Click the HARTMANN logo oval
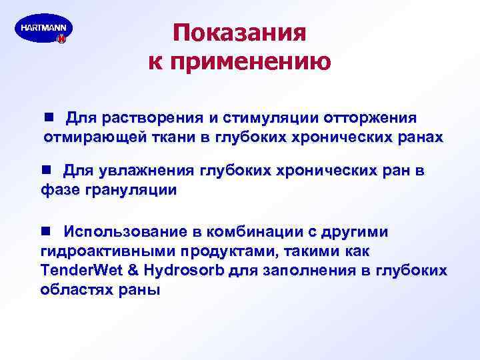pyautogui.click(x=43, y=29)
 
